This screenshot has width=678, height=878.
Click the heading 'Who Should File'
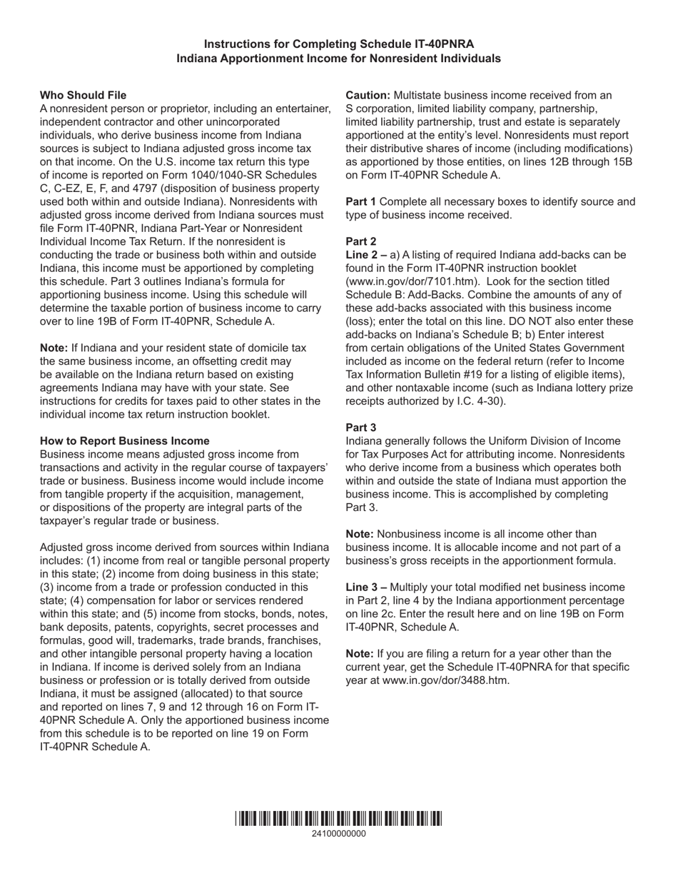click(83, 95)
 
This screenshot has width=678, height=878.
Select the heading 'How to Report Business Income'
click(125, 440)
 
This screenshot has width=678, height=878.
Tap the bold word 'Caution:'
click(368, 95)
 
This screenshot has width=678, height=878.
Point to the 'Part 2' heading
click(360, 241)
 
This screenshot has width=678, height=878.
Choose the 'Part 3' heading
click(360, 428)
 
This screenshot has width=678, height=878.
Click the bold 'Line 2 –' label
click(366, 255)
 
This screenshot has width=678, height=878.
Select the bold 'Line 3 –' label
click(366, 587)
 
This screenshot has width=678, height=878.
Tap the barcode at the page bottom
click(338, 819)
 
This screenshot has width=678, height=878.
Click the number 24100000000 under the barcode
click(338, 833)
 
